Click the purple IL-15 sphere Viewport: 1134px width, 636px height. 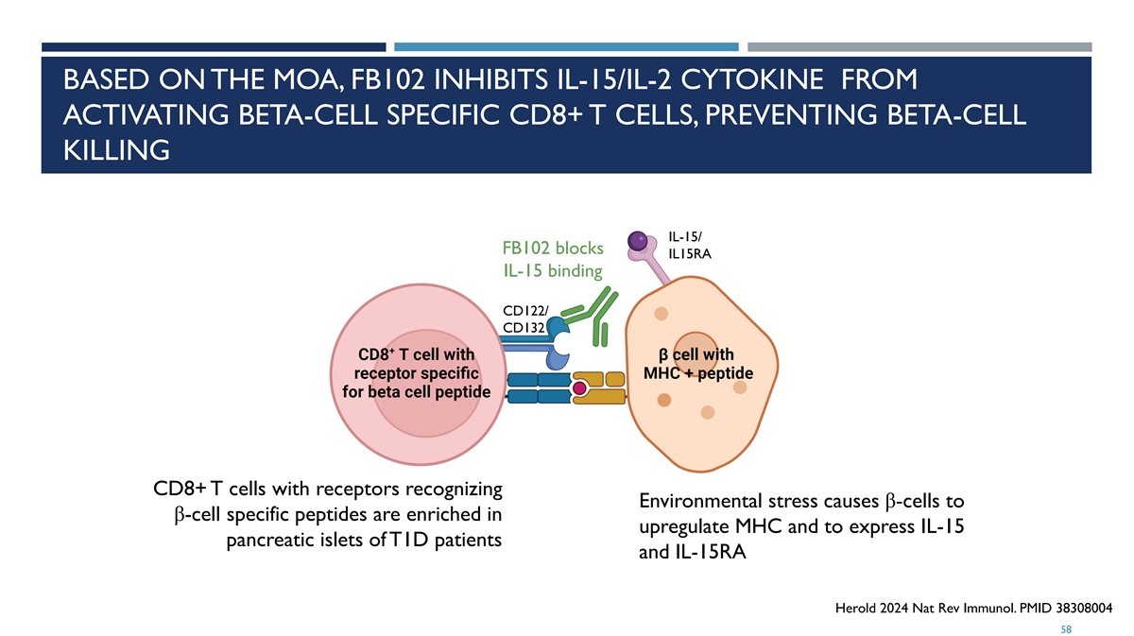coord(637,241)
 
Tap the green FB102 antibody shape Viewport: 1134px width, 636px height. coord(591,317)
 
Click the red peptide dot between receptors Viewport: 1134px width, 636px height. coord(579,388)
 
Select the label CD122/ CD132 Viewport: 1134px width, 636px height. coord(525,319)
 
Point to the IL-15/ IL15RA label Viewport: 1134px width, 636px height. coord(690,246)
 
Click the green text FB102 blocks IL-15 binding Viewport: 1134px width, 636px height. coord(553,259)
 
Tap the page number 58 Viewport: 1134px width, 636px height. coord(1066,629)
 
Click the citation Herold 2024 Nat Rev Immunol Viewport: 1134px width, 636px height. coord(925,608)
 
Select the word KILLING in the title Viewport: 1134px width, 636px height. coord(116,150)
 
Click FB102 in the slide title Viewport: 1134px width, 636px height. coord(387,80)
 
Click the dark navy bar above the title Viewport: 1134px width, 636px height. coord(214,47)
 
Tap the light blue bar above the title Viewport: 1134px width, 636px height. coord(566,47)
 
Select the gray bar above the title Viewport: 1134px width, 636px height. coord(919,47)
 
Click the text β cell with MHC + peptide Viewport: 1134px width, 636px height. coord(698,364)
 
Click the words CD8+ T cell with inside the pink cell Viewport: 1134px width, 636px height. coord(416,354)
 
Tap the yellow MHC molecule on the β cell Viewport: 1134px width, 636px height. coord(599,387)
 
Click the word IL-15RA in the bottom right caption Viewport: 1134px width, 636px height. coord(711,552)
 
